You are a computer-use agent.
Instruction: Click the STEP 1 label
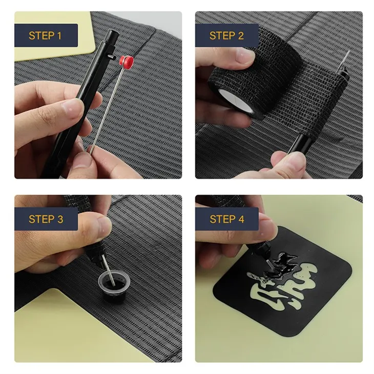click(45, 36)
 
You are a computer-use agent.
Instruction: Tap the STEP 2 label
click(226, 36)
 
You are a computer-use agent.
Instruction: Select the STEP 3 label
click(45, 219)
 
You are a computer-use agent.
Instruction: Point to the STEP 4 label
click(226, 219)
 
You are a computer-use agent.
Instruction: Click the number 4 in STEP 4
click(241, 219)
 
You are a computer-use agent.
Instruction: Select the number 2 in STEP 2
click(241, 36)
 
